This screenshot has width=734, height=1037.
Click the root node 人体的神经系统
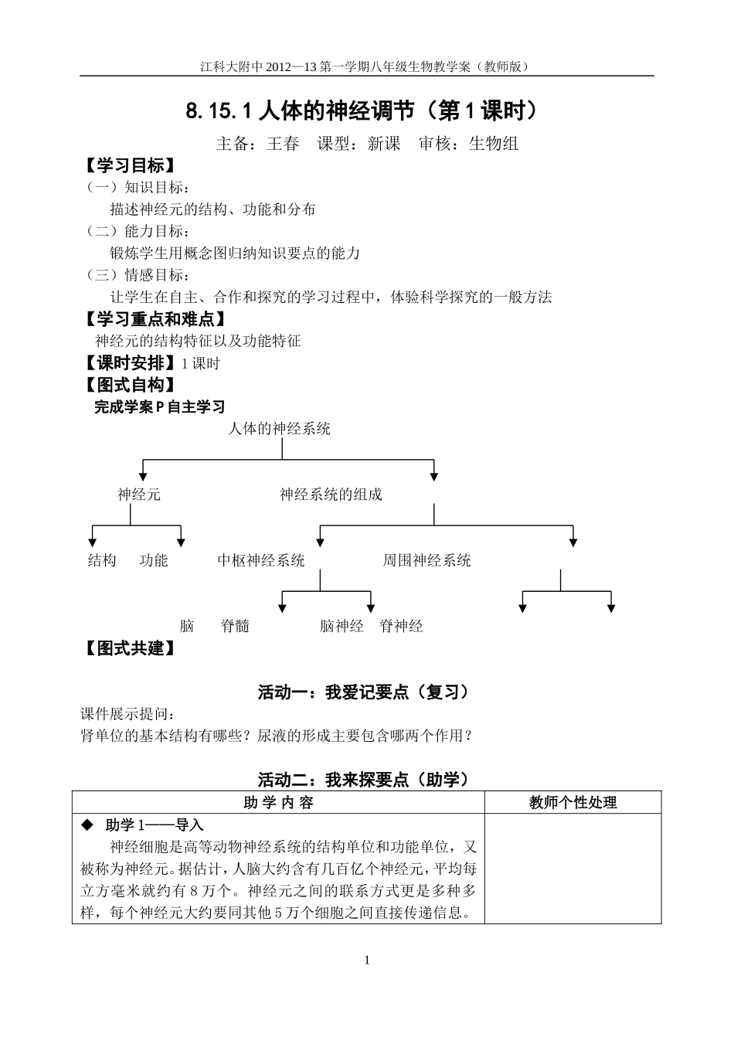(279, 429)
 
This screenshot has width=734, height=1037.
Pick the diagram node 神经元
(139, 495)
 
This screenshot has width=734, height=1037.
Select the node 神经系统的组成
(331, 495)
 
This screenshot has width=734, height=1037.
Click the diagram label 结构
(102, 560)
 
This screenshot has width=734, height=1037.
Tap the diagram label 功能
(154, 560)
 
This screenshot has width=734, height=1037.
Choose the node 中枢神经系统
(261, 560)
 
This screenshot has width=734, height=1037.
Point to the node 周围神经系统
(426, 560)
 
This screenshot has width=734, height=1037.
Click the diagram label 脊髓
(235, 626)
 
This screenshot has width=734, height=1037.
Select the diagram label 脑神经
(342, 626)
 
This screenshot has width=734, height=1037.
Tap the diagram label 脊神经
(401, 626)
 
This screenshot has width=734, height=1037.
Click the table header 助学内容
(278, 803)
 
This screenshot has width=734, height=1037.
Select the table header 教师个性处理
(573, 803)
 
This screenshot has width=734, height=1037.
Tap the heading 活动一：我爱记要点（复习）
(363, 692)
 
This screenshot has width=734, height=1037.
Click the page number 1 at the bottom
(367, 960)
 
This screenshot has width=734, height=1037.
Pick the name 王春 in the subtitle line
(283, 144)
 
